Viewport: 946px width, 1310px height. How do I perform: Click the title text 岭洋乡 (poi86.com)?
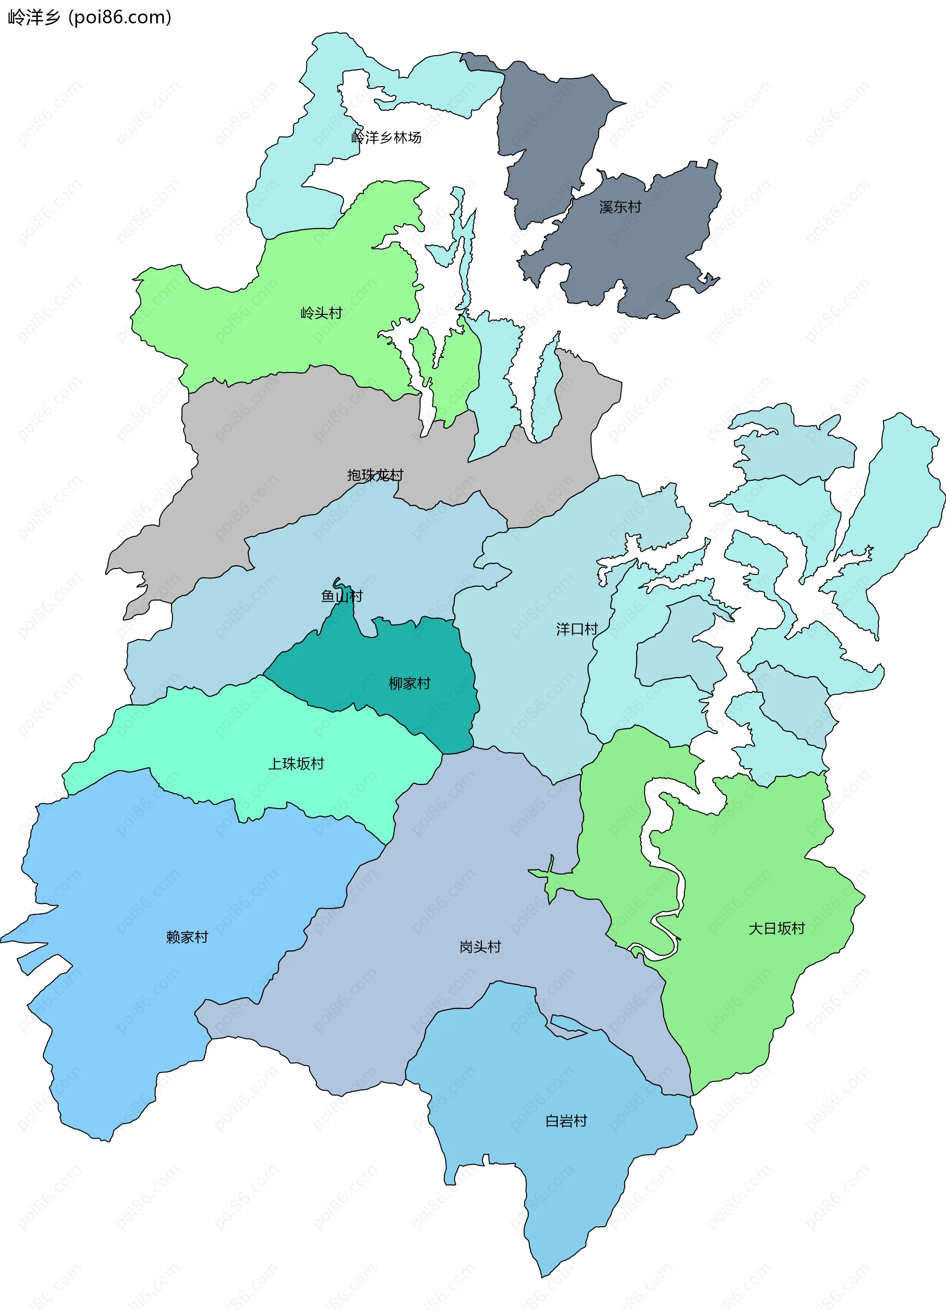pyautogui.click(x=90, y=17)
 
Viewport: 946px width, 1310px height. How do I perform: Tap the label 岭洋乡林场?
pyautogui.click(x=386, y=137)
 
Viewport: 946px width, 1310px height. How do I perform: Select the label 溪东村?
pyautogui.click(x=620, y=207)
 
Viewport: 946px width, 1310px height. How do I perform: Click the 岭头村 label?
pyautogui.click(x=321, y=313)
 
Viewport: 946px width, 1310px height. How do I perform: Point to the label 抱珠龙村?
pyautogui.click(x=375, y=475)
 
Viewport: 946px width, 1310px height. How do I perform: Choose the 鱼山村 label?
pyautogui.click(x=341, y=596)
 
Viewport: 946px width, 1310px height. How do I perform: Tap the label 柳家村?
pyautogui.click(x=409, y=683)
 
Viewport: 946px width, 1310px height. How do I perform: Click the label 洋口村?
pyautogui.click(x=576, y=629)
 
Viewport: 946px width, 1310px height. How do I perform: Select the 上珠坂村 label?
pyautogui.click(x=296, y=764)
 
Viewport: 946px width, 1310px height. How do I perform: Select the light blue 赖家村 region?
pyautogui.click(x=144, y=982)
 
